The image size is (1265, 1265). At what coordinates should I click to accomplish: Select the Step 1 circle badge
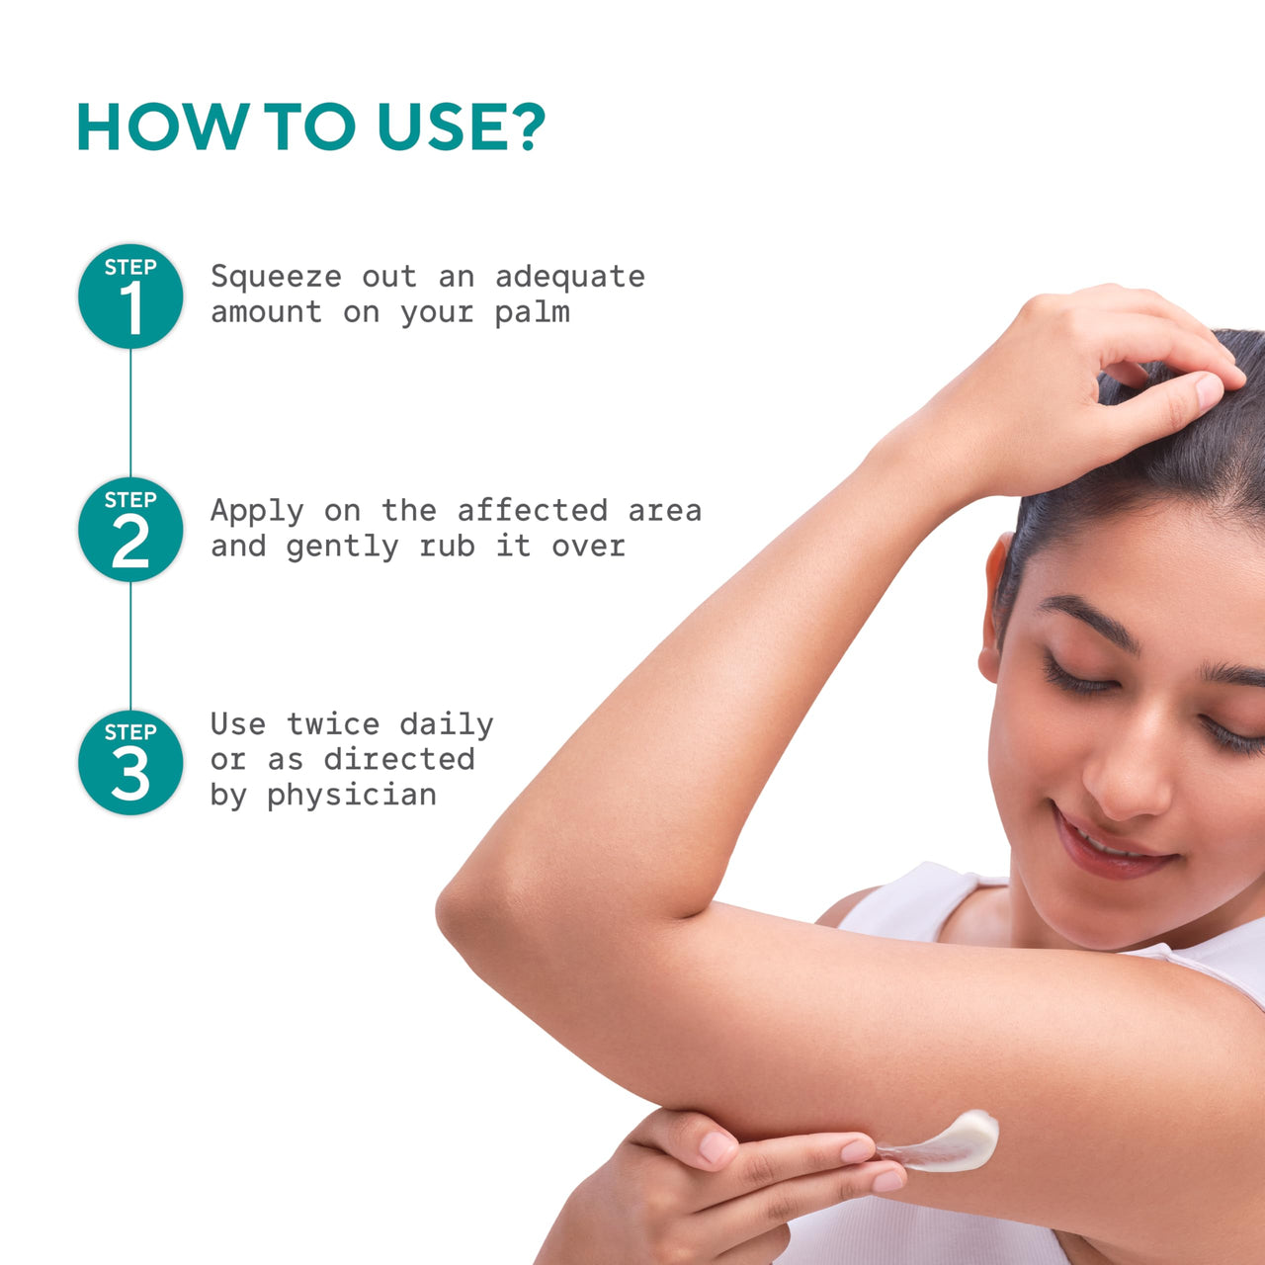click(130, 296)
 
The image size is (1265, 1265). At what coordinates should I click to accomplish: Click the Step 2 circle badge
click(130, 529)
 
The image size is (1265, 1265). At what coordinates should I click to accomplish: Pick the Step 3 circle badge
click(130, 762)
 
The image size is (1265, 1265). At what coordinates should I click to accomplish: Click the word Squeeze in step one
click(276, 278)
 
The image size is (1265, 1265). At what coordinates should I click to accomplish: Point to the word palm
click(532, 313)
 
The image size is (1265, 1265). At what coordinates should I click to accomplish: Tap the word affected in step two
click(533, 511)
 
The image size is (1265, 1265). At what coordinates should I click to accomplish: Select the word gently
click(342, 548)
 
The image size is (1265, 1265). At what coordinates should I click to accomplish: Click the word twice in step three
click(333, 724)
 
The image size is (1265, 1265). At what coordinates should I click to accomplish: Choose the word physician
click(351, 796)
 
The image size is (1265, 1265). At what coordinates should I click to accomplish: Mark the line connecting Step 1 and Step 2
click(130, 413)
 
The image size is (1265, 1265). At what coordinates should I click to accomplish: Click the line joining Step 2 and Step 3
click(130, 646)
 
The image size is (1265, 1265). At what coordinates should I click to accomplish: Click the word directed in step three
click(399, 760)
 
